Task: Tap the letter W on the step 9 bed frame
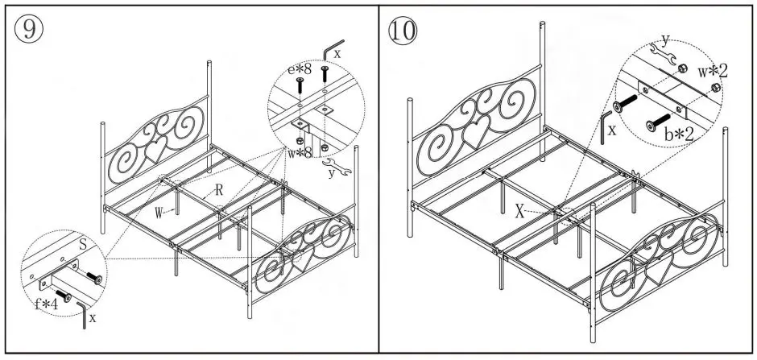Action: (x=161, y=213)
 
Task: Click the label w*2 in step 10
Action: (x=714, y=71)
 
